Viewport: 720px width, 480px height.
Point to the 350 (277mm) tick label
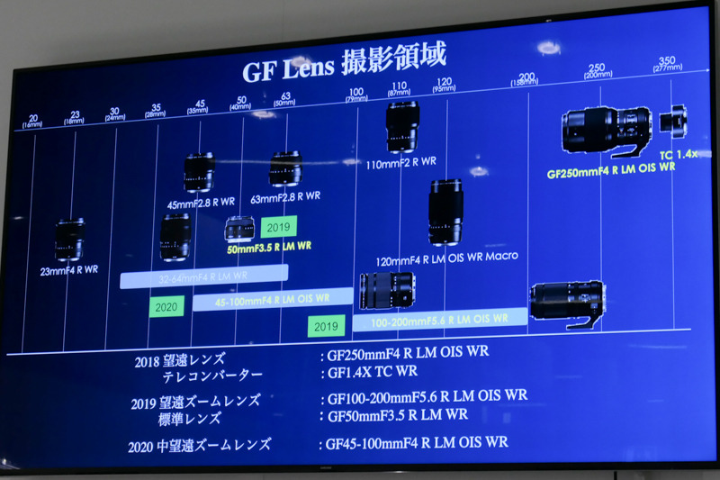(667, 64)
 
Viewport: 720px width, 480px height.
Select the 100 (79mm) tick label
(355, 94)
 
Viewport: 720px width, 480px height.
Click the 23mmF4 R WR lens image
(69, 240)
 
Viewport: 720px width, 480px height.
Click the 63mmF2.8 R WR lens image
(285, 169)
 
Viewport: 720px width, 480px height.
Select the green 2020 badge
(166, 306)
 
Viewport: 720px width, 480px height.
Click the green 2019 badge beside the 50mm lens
(279, 227)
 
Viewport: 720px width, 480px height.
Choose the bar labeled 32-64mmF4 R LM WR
(203, 276)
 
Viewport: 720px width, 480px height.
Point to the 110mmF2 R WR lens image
(401, 126)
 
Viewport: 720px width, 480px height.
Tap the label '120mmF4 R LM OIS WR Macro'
(460, 258)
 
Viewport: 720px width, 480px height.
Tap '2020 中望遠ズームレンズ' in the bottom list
(200, 444)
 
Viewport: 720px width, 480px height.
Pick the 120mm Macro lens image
(445, 213)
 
